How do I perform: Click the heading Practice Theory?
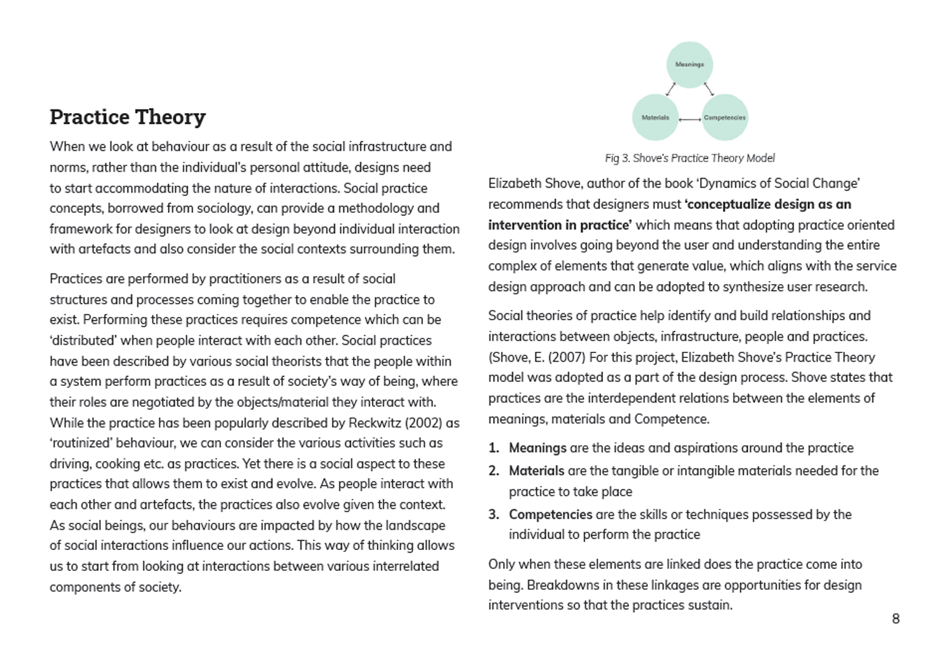point(128,117)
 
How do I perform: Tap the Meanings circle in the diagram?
point(689,64)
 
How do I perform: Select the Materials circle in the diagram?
point(655,117)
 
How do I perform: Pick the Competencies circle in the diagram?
point(725,117)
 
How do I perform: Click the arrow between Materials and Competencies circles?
point(690,119)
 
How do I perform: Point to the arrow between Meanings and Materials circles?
point(670,89)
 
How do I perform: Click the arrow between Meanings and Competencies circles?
point(709,89)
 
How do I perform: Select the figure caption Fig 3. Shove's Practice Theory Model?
point(689,159)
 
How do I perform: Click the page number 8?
point(895,619)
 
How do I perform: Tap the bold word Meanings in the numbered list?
point(537,448)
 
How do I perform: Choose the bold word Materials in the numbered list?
point(536,471)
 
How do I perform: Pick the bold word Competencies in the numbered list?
point(551,515)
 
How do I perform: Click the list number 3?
point(493,515)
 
